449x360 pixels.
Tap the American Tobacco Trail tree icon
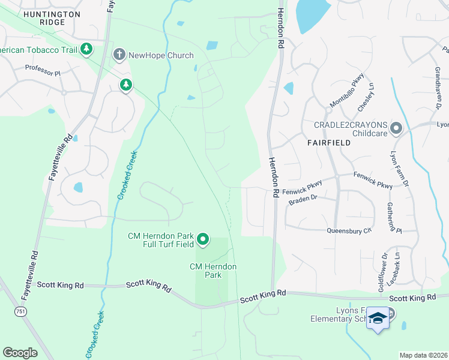86,49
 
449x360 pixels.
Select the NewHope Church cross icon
119,55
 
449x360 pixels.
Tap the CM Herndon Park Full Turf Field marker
203,240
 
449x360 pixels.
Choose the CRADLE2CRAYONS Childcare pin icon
396,128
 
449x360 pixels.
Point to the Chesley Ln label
366,97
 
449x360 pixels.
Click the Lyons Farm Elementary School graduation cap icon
378,318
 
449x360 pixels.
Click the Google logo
20,352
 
